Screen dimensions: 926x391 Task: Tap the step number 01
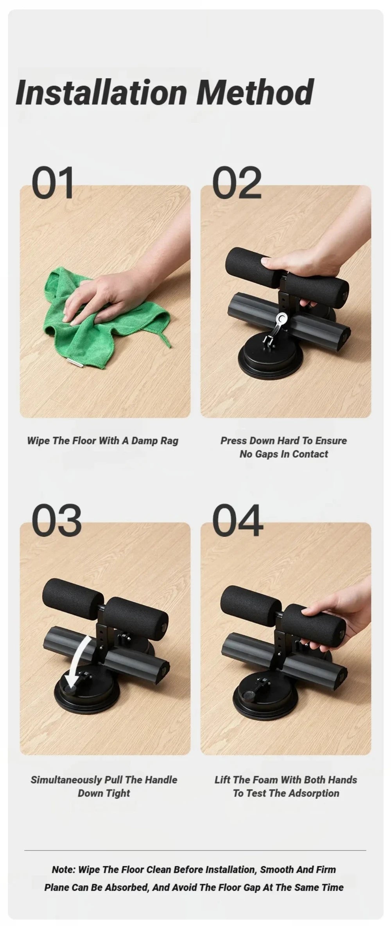click(53, 183)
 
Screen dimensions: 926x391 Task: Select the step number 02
click(237, 183)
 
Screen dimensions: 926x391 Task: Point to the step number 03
click(56, 520)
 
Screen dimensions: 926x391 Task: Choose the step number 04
click(238, 520)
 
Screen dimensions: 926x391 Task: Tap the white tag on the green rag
click(73, 363)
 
